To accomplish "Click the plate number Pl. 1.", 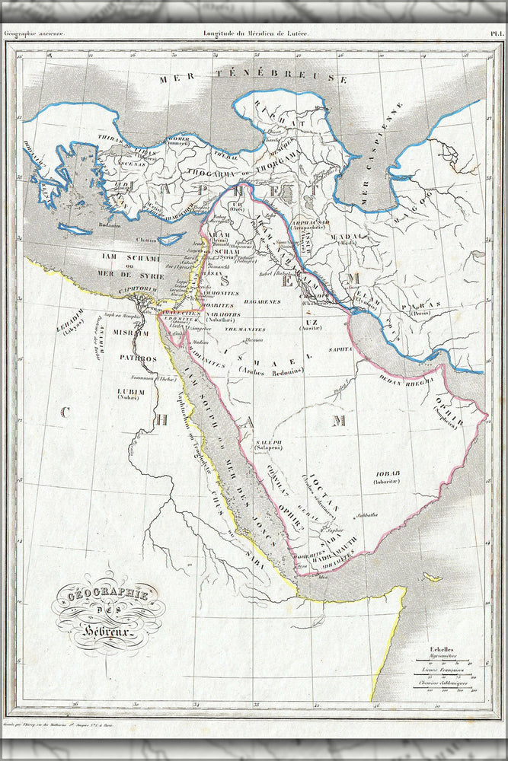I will tap(496, 33).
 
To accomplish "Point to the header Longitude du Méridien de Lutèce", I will tap(254, 33).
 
